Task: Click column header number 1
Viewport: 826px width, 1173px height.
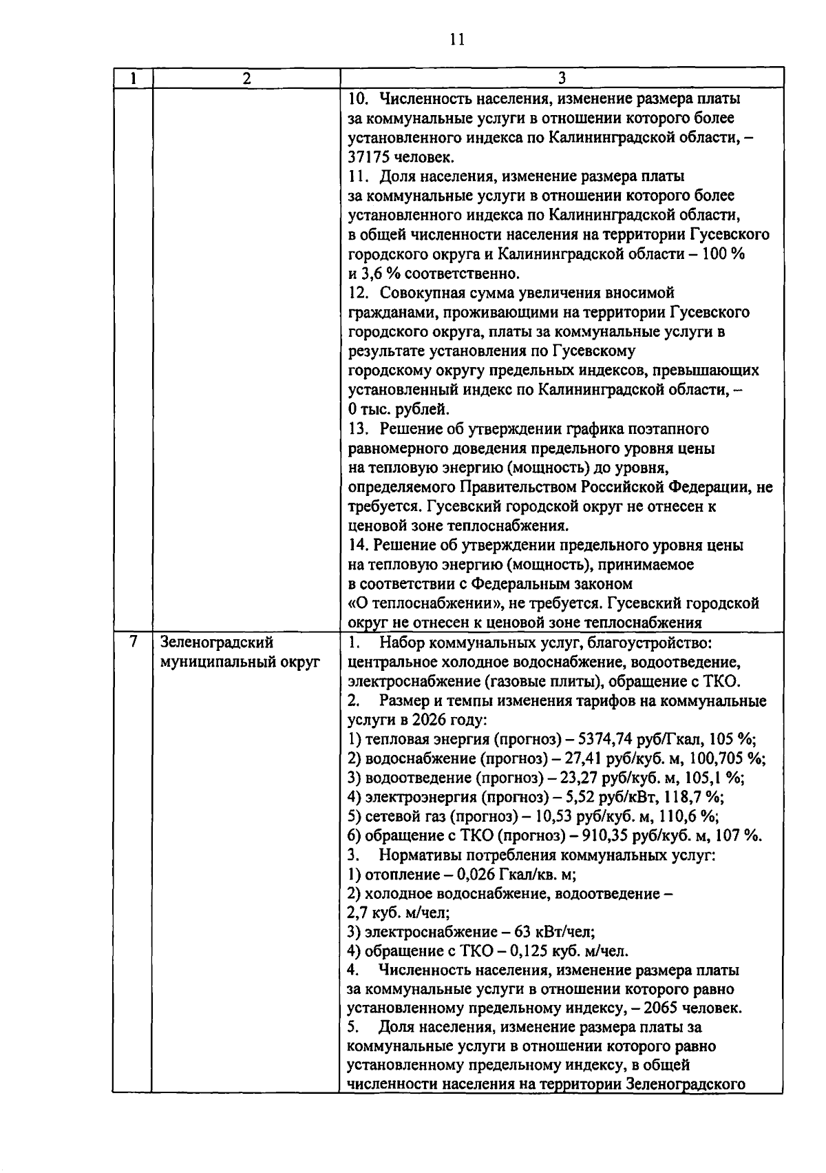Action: [131, 79]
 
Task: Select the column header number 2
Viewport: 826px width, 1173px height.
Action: [246, 79]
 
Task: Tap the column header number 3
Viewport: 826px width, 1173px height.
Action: [562, 79]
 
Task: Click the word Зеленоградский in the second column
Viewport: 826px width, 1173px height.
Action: [217, 643]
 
